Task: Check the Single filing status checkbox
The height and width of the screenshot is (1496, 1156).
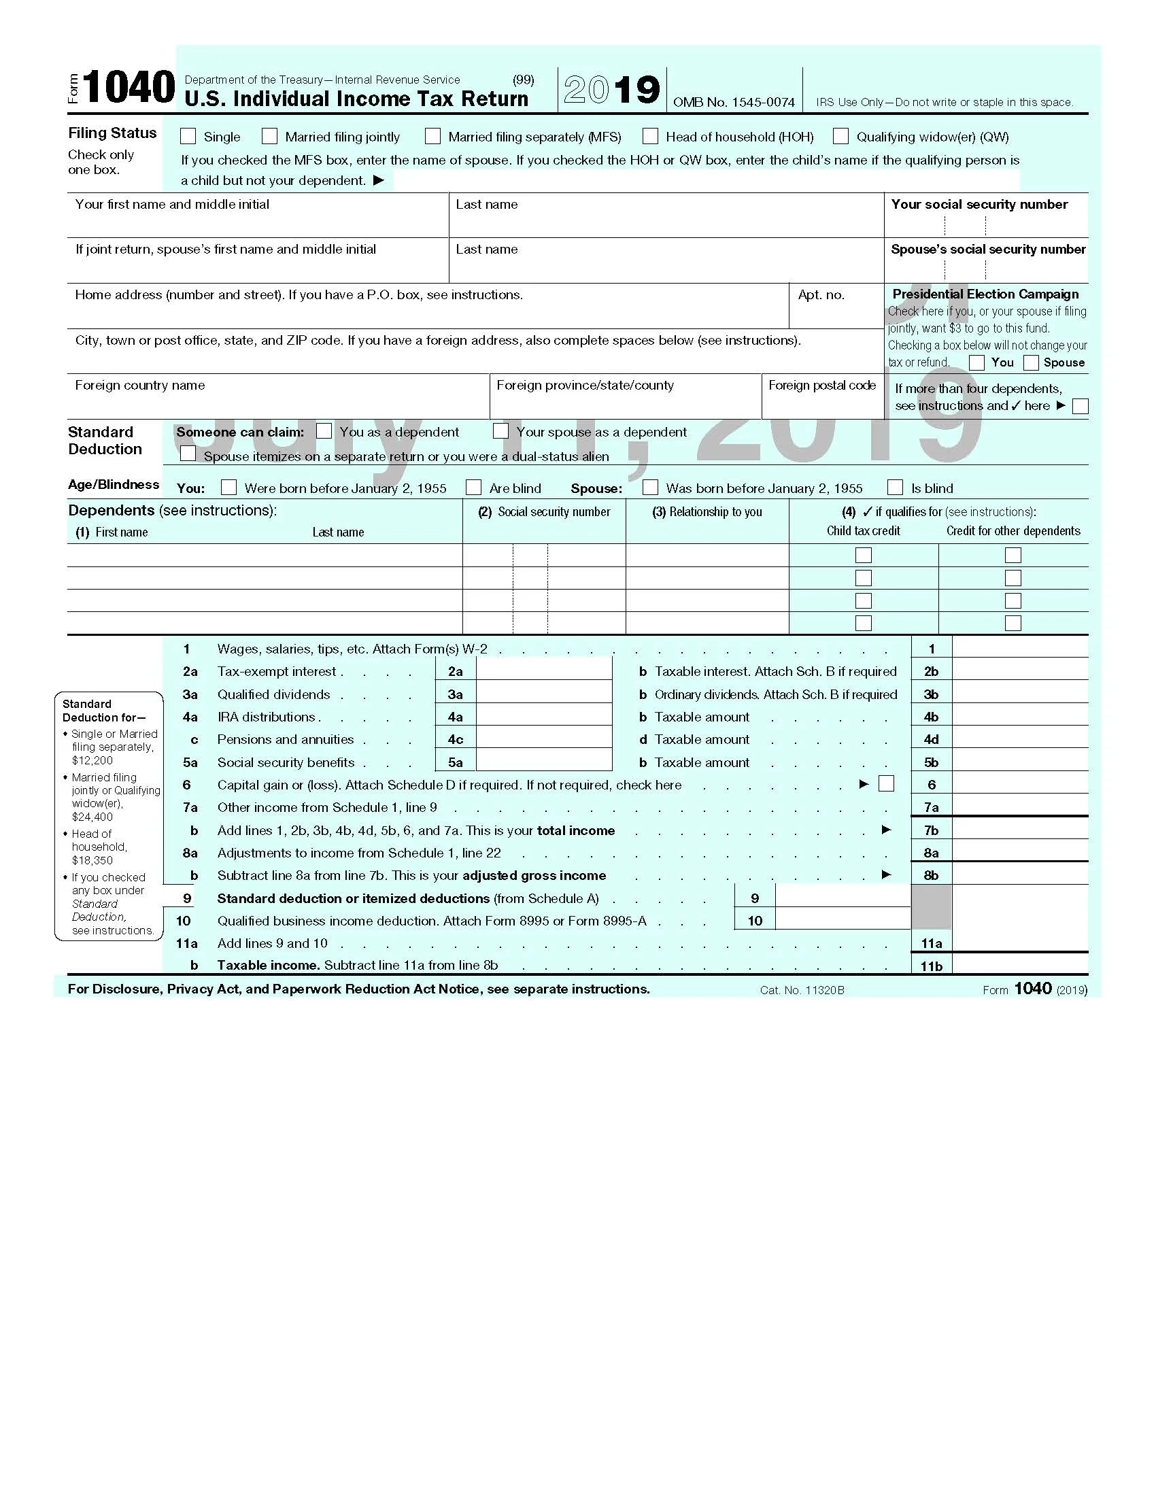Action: (188, 136)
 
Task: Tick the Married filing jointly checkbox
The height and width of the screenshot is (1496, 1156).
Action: (270, 136)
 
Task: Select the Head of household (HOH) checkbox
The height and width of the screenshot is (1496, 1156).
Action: (651, 136)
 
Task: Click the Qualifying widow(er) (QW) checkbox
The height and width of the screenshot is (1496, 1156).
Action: (840, 136)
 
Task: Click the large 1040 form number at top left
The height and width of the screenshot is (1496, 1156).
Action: (129, 88)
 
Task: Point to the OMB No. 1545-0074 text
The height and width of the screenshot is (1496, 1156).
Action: (734, 102)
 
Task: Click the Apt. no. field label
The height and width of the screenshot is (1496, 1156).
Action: (821, 295)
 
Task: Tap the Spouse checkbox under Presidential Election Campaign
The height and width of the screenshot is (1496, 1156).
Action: (1032, 362)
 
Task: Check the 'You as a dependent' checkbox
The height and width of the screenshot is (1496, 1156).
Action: (324, 431)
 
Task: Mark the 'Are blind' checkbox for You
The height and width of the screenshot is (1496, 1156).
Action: (473, 487)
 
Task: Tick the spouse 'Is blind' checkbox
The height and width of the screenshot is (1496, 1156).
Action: (894, 487)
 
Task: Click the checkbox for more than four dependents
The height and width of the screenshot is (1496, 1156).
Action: (1080, 406)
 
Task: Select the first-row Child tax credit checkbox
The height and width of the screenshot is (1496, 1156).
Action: (864, 555)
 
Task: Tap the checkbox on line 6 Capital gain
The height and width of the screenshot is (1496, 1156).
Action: (886, 783)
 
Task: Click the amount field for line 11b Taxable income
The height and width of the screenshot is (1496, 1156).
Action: (1019, 964)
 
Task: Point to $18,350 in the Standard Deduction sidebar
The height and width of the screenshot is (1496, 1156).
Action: (92, 860)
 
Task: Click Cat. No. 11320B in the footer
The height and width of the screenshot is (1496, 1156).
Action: (802, 990)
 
